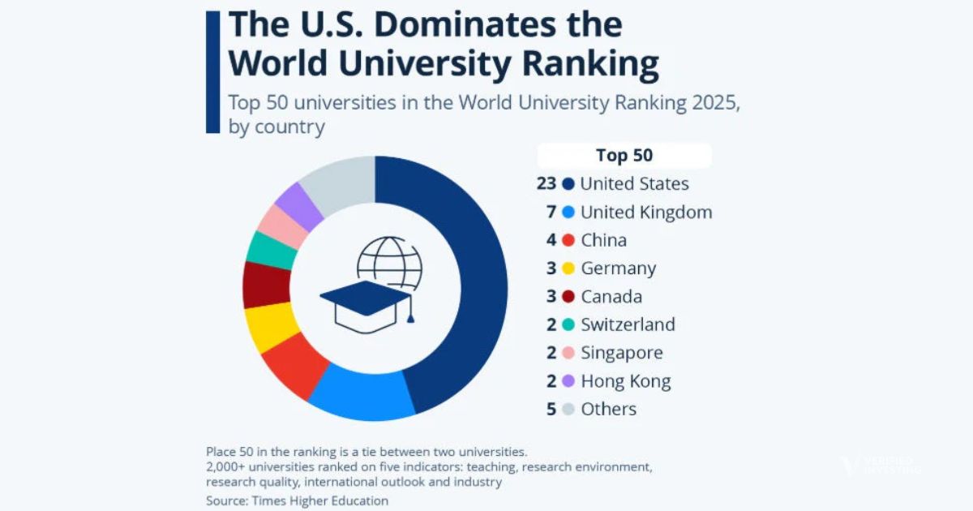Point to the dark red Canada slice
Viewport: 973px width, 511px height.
click(x=266, y=286)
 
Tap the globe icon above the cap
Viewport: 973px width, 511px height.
click(x=390, y=260)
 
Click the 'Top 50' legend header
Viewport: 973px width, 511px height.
click(x=624, y=155)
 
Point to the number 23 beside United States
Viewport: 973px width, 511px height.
click(x=547, y=184)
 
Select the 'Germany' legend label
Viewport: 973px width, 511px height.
click(x=618, y=268)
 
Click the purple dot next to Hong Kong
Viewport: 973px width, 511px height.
click(x=568, y=381)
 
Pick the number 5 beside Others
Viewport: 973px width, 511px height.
click(x=551, y=410)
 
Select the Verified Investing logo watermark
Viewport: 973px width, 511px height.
click(x=880, y=466)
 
